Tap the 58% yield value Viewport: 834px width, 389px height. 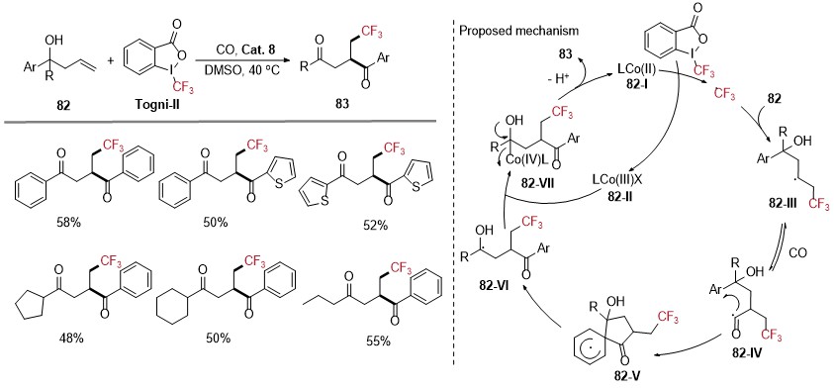coord(67,224)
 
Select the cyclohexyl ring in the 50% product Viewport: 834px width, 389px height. coord(175,309)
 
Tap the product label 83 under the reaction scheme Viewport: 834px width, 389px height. coord(343,104)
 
